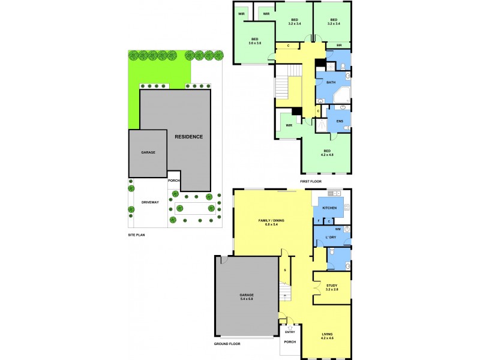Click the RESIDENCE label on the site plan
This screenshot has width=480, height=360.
pos(188,137)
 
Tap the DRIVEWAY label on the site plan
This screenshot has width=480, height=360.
pos(150,202)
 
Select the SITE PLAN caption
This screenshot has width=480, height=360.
pos(137,235)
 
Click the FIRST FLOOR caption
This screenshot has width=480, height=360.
pos(311,181)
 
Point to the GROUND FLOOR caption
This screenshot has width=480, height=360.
pos(228,344)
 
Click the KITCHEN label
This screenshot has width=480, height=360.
pos(329,208)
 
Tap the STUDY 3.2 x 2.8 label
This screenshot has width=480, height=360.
pos(332,287)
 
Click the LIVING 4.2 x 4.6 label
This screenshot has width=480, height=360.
pos(327,336)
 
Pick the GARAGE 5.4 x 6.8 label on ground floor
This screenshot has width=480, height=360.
pos(247,297)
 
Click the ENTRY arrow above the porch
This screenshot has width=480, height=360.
pos(290,327)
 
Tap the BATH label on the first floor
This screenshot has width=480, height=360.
pos(331,83)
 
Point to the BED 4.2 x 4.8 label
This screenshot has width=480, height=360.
pos(328,152)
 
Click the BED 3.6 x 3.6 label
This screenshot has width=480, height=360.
pos(255,41)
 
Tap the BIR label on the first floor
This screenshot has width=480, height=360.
pos(339,45)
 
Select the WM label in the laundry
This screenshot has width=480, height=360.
pos(338,229)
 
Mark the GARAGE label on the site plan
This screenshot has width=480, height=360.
pos(148,152)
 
